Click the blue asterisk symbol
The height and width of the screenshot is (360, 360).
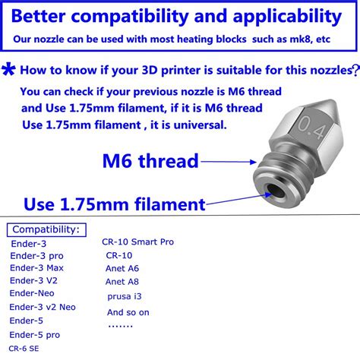[9, 71]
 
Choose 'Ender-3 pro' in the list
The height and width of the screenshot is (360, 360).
[36, 256]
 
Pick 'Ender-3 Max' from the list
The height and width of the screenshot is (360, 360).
[37, 268]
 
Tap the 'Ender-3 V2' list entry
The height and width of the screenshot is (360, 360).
[35, 280]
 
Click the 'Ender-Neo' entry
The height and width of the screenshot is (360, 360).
[33, 293]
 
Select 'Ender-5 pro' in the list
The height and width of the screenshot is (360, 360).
[35, 334]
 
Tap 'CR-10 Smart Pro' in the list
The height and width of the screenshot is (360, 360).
[137, 242]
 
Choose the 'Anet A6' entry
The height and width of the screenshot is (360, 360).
[122, 268]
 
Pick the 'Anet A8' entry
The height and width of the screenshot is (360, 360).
[122, 281]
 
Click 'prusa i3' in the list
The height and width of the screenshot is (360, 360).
[124, 295]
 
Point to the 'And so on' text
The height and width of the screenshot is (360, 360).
[128, 312]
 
